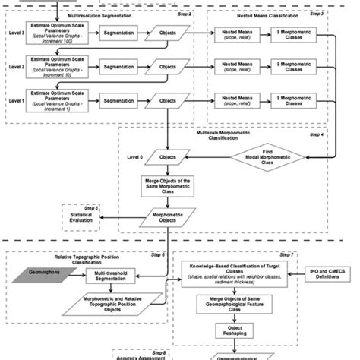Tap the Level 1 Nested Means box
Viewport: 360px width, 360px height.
point(232,100)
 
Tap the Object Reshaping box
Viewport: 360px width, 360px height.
point(230,332)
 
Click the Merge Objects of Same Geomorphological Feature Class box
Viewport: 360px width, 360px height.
point(230,305)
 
